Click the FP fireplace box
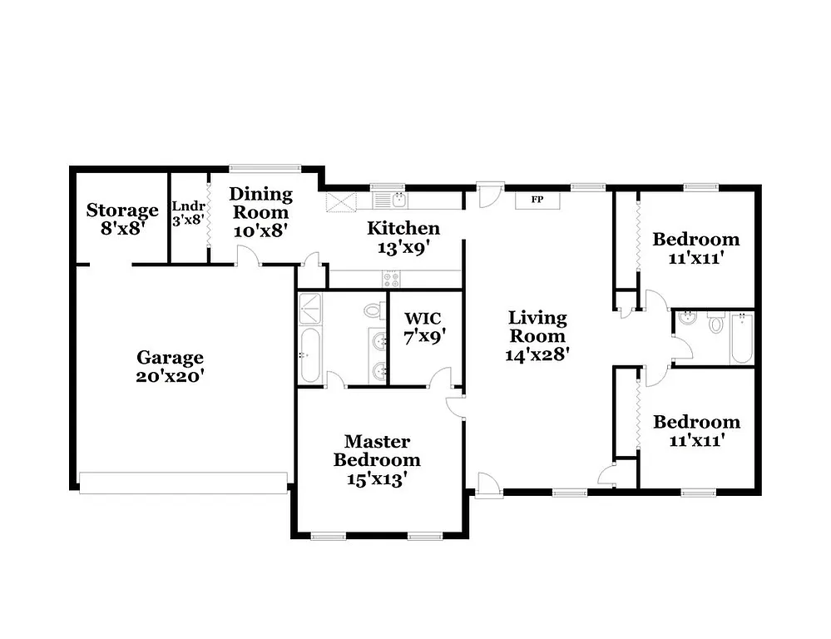(x=537, y=200)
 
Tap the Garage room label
(x=170, y=358)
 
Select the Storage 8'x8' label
(x=122, y=218)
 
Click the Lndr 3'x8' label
(x=188, y=213)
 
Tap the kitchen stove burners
(x=390, y=278)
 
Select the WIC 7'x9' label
(x=423, y=327)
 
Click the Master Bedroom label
(x=377, y=450)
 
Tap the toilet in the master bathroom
(x=372, y=311)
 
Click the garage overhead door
(x=183, y=483)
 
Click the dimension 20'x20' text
(x=170, y=375)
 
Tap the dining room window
(x=254, y=168)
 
